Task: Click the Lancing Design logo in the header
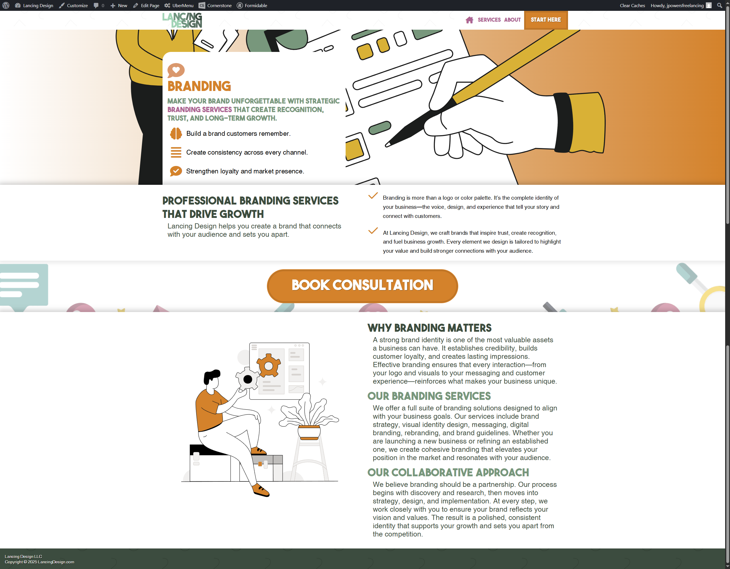182,21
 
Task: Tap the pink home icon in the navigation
469,20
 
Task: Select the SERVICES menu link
489,20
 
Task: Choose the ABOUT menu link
512,20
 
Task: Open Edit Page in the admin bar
146,5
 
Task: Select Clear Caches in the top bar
632,5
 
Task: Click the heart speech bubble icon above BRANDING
176,70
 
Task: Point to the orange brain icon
176,133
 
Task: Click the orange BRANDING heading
199,86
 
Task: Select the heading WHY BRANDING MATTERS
429,328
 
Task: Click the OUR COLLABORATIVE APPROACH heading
448,472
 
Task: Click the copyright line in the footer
39,562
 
